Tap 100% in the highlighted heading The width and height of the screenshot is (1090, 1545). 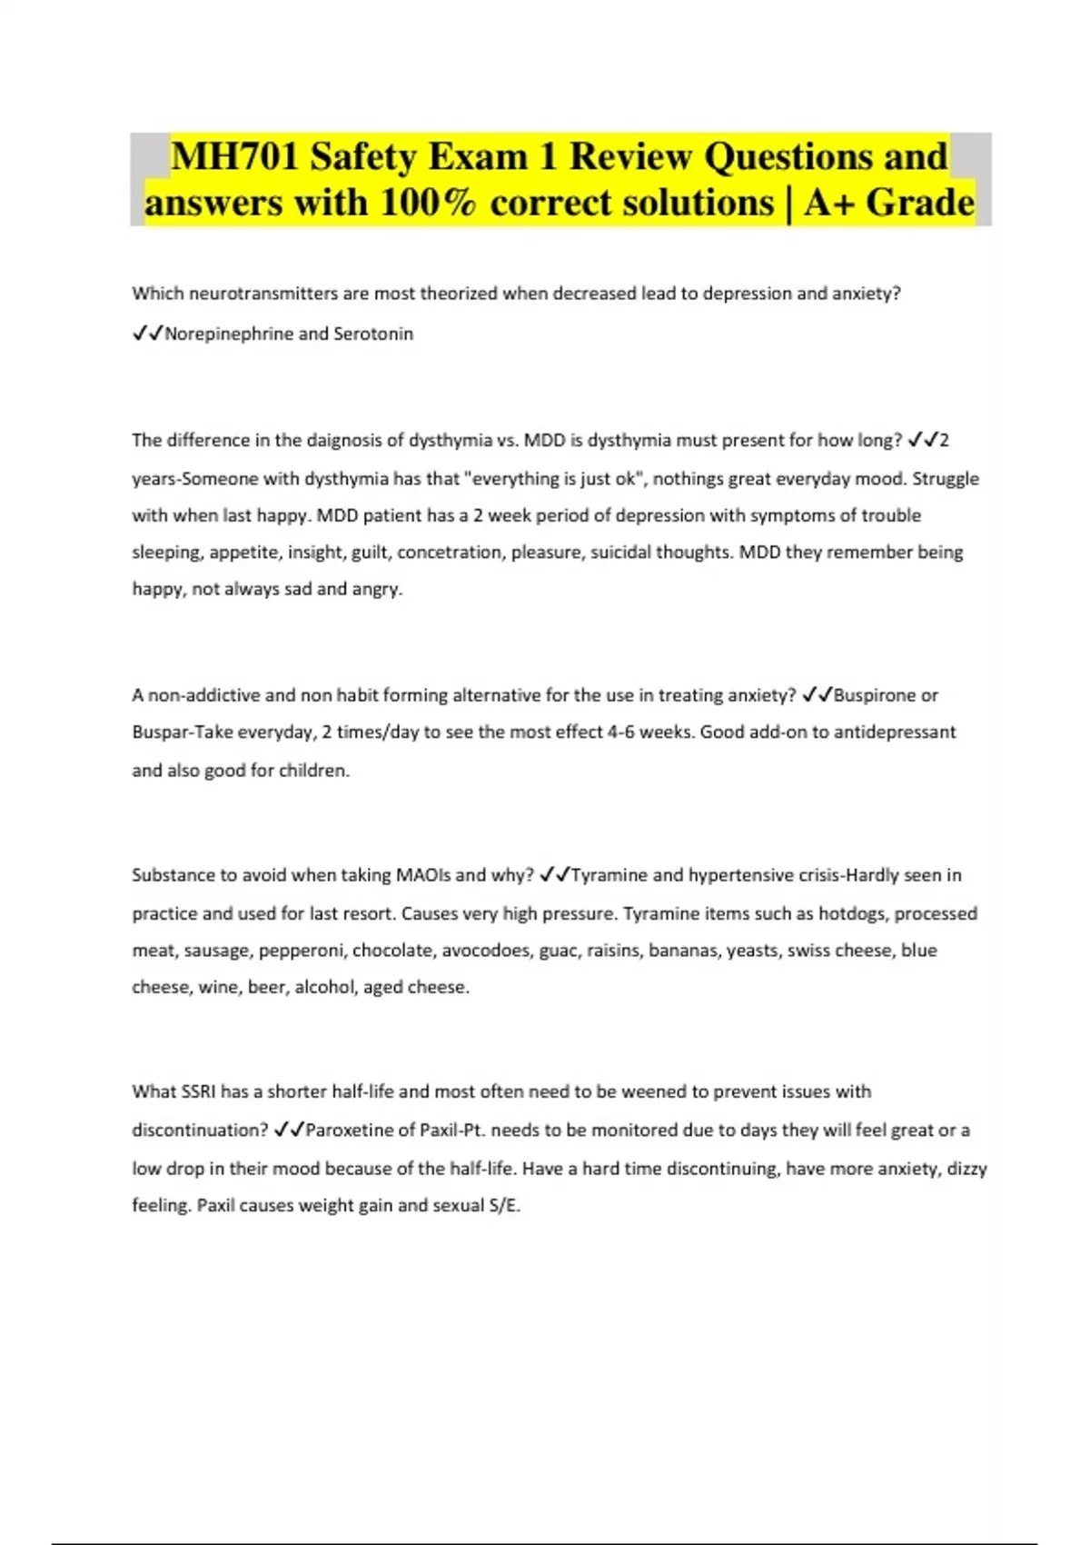(428, 203)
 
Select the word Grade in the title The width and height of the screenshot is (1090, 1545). (919, 203)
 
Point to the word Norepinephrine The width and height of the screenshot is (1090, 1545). (229, 334)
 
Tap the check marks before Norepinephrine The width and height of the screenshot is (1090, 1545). (147, 334)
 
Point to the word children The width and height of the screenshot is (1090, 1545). (313, 771)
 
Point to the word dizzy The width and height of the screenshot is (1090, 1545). (966, 1169)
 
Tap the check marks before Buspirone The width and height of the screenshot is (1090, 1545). (817, 695)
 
